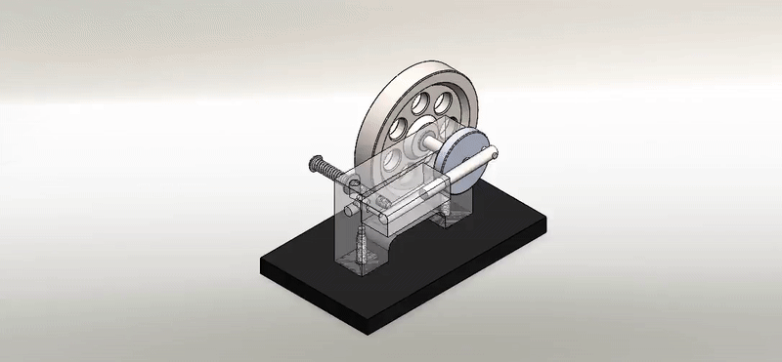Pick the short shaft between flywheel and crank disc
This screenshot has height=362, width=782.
[428, 143]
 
